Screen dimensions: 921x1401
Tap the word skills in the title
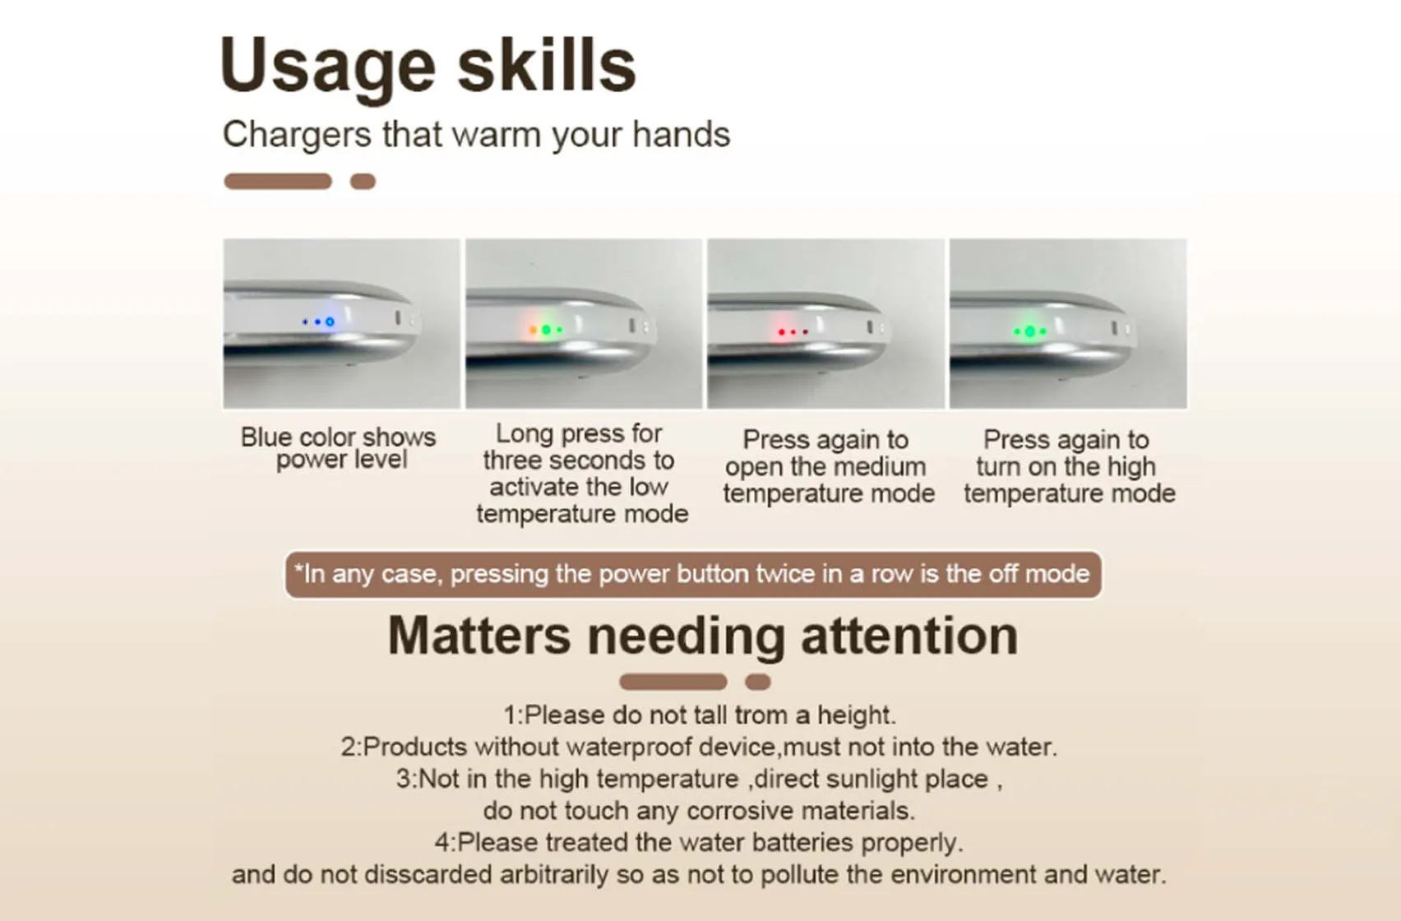tap(546, 66)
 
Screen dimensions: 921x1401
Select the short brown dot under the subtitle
tap(363, 182)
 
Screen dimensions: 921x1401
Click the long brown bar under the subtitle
tap(278, 182)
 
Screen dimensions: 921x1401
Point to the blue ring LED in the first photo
tap(330, 322)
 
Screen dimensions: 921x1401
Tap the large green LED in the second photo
tap(546, 330)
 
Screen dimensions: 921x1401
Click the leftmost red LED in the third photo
tap(780, 331)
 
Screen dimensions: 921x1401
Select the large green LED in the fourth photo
tap(1029, 331)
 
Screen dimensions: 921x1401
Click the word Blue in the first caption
tap(266, 437)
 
